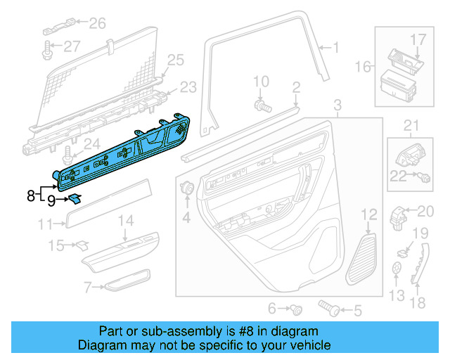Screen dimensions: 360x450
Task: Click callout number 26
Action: click(96, 24)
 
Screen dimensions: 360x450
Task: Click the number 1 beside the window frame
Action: click(335, 48)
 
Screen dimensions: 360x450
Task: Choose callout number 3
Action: click(337, 107)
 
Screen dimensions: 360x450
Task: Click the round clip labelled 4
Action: click(188, 188)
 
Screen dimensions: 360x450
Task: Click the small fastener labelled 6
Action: click(298, 309)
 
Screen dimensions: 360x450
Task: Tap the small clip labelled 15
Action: click(82, 245)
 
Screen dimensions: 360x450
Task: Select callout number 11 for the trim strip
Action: click(45, 225)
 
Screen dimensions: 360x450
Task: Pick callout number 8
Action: click(30, 195)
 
